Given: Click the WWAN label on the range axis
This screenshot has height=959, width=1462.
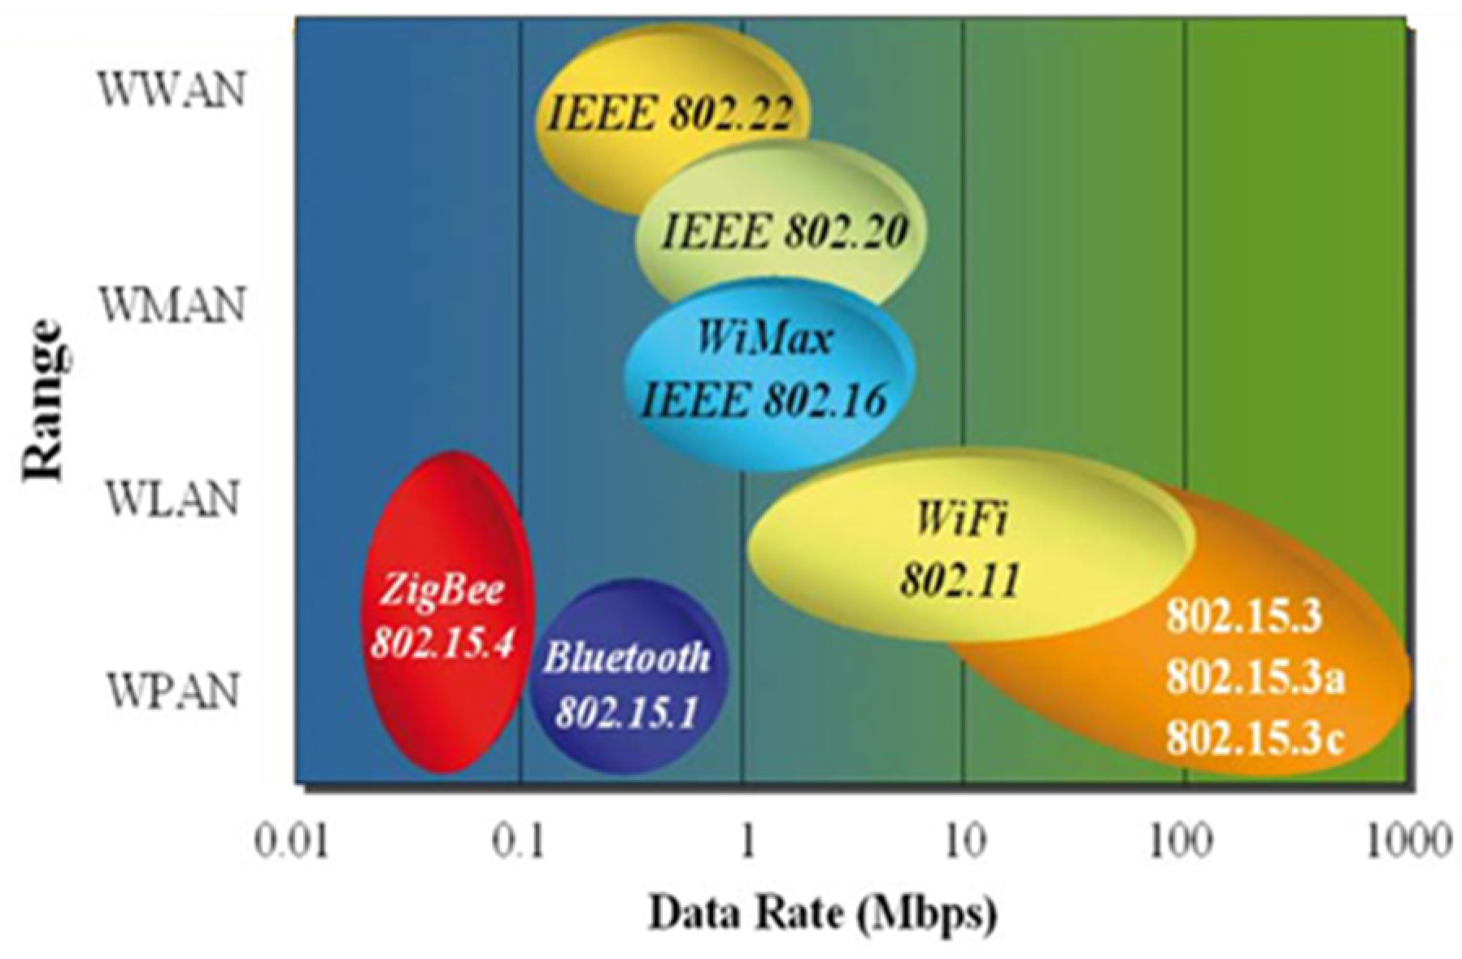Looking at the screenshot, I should [x=172, y=89].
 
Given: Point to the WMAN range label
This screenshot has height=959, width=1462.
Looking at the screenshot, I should [x=172, y=306].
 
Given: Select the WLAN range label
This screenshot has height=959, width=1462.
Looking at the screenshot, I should [x=172, y=498].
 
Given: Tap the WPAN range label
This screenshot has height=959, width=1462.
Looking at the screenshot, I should [x=172, y=691].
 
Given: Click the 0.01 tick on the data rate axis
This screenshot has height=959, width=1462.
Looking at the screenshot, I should [x=292, y=841].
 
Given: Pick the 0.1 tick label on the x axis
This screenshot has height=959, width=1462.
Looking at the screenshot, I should [x=518, y=841].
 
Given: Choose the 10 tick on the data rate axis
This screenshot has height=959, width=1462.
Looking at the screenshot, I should [x=965, y=841].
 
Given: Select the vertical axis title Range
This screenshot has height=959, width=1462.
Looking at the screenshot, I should [x=42, y=401].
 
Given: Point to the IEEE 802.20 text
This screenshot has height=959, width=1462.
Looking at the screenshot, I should [x=784, y=231].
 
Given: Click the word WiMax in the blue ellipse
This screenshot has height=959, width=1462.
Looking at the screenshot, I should [x=764, y=337].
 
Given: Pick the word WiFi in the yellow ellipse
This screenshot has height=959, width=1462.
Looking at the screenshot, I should [x=961, y=517].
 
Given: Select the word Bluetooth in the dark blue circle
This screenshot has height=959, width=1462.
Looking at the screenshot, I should [x=627, y=657].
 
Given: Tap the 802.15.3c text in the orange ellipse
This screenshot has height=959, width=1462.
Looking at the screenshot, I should [x=1255, y=739].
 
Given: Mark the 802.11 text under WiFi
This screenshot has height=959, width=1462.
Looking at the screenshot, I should [x=959, y=581].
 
